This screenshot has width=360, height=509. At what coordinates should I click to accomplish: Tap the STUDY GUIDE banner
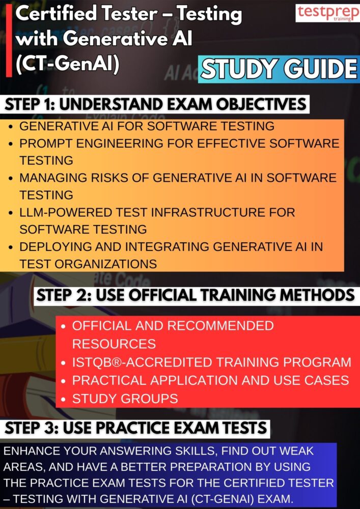[x=279, y=69]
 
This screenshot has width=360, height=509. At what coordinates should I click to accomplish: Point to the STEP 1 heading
[x=156, y=105]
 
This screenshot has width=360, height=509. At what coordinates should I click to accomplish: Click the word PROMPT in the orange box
[x=44, y=144]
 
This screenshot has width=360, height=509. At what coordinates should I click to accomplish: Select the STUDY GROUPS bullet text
[x=125, y=398]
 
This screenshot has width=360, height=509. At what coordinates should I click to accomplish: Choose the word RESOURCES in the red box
[x=114, y=344]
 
